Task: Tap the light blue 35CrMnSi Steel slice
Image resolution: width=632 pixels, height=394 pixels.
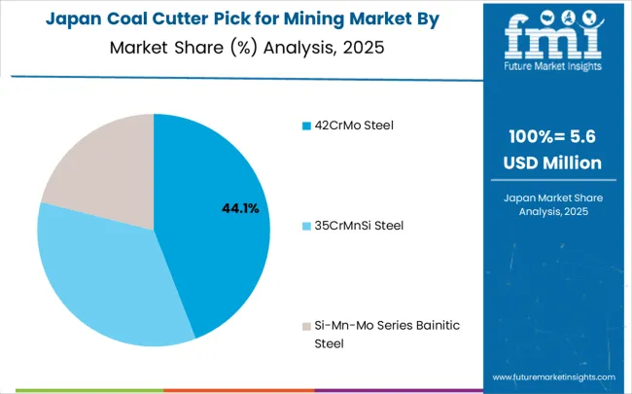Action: pyautogui.click(x=107, y=272)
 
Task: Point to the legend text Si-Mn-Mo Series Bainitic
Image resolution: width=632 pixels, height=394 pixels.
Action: pyautogui.click(x=378, y=326)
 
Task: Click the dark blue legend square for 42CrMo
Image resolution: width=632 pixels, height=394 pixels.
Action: pyautogui.click(x=305, y=125)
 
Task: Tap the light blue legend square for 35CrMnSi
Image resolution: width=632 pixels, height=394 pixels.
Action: pyautogui.click(x=305, y=226)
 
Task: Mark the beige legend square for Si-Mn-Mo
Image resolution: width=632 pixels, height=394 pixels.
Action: pyautogui.click(x=305, y=326)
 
